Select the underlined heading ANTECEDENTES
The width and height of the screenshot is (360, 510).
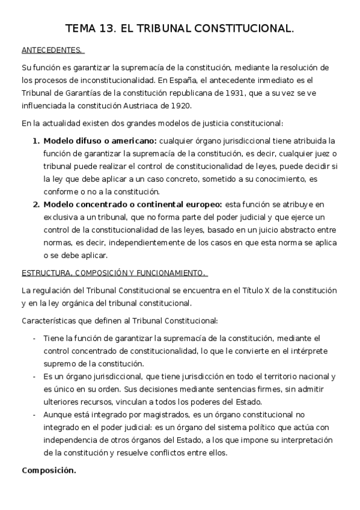point(52,50)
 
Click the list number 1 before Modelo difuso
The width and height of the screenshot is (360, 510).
point(35,141)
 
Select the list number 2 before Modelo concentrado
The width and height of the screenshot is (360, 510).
point(35,204)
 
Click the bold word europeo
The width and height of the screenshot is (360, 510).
point(204,204)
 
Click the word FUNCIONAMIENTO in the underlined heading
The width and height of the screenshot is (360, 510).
point(174,273)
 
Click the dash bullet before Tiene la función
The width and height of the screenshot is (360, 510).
point(34,338)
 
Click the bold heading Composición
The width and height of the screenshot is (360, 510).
point(49,470)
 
